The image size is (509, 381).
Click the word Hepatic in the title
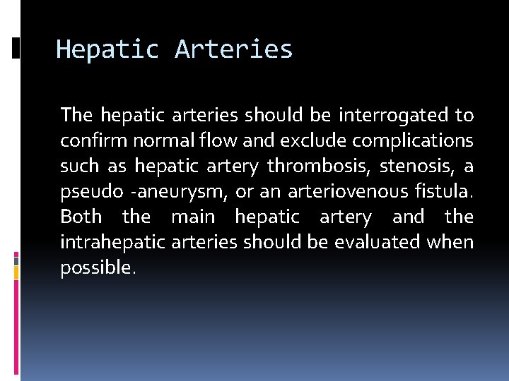click(x=108, y=50)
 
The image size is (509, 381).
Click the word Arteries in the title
click(x=233, y=50)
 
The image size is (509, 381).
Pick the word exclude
click(x=286, y=140)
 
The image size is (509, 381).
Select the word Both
click(x=81, y=217)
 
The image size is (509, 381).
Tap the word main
click(x=193, y=217)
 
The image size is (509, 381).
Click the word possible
click(x=97, y=268)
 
